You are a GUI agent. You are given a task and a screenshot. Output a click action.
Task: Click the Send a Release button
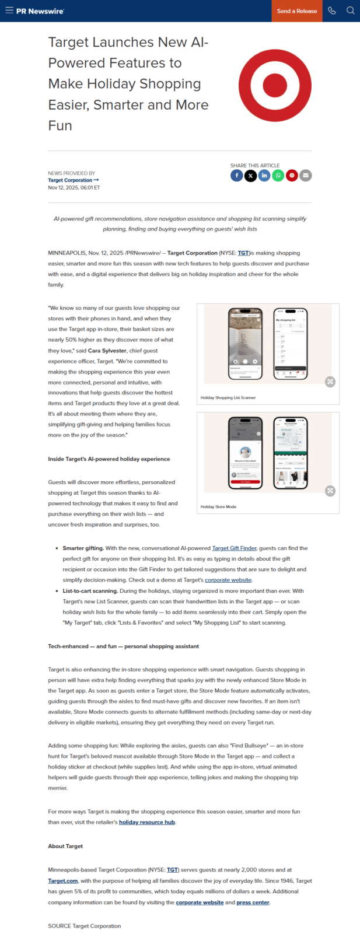(297, 11)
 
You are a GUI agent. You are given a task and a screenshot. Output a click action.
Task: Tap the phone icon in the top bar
(332, 11)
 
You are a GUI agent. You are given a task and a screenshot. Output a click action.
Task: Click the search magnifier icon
(350, 11)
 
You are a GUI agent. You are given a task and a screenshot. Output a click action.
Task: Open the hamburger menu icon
(9, 11)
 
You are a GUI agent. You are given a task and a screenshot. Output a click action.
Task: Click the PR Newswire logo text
(40, 11)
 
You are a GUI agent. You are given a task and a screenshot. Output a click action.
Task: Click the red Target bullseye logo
(275, 86)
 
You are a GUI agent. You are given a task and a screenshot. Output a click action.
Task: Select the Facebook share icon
(236, 176)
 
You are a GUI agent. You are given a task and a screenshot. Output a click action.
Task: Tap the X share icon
(250, 176)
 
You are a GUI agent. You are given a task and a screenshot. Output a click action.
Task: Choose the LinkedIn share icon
(264, 176)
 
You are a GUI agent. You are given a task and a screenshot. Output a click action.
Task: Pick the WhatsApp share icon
(278, 176)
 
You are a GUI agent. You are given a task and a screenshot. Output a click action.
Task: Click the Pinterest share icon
(292, 176)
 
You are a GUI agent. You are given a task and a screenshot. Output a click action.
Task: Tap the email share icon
(306, 176)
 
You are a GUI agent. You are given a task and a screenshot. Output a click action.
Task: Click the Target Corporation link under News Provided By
(73, 180)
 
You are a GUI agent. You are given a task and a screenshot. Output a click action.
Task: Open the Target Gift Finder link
(234, 548)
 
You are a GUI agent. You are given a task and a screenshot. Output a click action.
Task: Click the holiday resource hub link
(147, 823)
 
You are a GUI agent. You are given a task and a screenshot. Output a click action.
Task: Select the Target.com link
(63, 881)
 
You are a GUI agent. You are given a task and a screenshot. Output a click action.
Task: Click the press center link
(253, 902)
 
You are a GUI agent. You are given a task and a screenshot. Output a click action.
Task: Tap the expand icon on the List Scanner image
(330, 382)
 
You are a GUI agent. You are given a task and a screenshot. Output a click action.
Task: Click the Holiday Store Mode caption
(218, 507)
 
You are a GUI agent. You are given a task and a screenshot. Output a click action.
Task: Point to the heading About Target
(65, 846)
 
